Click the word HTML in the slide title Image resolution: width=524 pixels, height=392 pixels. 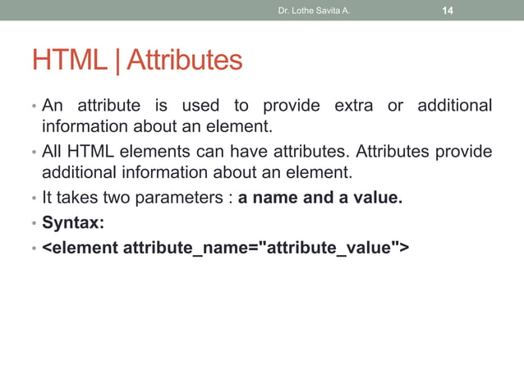tap(68, 59)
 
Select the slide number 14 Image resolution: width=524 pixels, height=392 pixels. tap(448, 11)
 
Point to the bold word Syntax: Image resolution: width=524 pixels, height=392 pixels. tap(73, 222)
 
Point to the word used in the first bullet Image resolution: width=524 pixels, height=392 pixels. tap(202, 106)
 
